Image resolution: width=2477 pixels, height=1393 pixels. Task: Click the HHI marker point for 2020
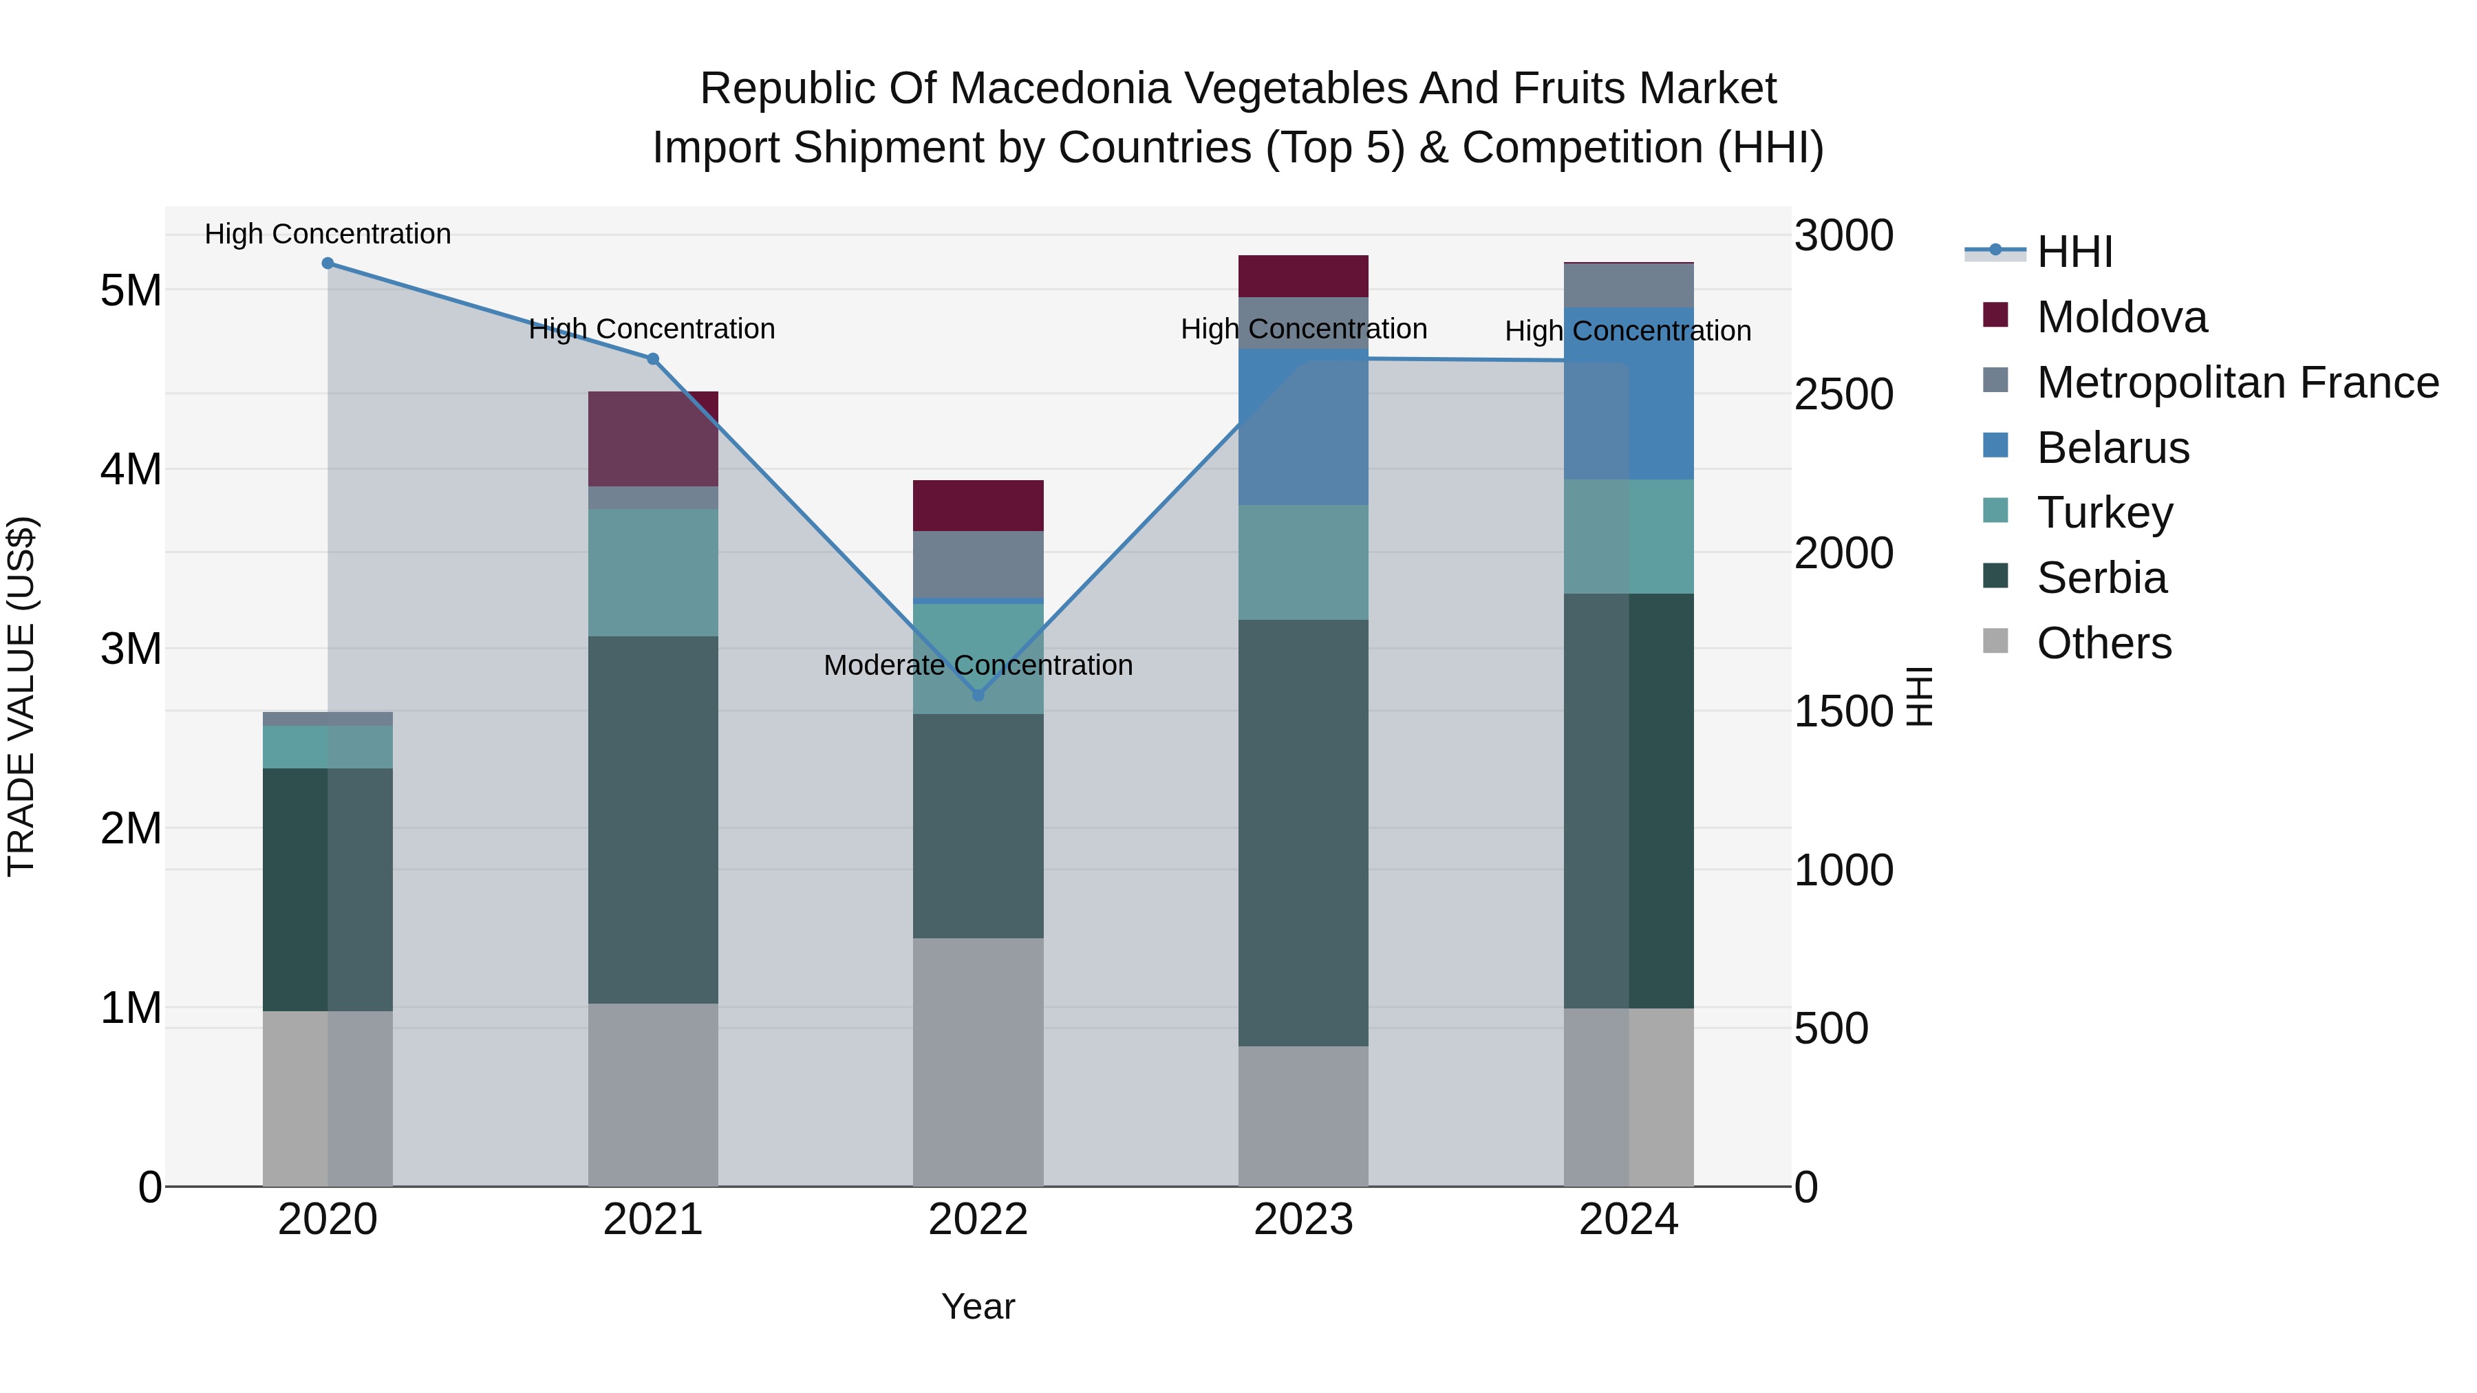(328, 263)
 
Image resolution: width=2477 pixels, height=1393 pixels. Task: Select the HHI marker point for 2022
(978, 695)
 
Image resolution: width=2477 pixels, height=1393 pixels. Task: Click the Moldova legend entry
(2121, 317)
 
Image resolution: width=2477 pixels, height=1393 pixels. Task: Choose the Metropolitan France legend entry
(2237, 382)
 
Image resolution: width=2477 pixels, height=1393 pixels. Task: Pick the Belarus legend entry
(2112, 448)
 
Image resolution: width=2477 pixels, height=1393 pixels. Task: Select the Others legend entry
(2104, 643)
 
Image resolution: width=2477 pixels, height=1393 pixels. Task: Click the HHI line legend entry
(2074, 252)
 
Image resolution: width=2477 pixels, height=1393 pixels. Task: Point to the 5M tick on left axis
(131, 290)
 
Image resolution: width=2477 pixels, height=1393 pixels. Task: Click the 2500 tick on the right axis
(1843, 394)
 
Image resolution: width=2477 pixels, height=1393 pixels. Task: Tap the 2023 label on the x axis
(1303, 1220)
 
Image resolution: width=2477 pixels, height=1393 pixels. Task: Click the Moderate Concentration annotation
(978, 665)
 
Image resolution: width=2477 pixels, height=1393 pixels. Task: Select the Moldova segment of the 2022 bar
(978, 506)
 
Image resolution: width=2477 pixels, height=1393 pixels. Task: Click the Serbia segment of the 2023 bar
(1303, 832)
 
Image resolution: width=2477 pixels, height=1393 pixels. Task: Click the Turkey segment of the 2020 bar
(328, 747)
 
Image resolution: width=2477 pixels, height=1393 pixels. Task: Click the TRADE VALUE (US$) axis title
(21, 696)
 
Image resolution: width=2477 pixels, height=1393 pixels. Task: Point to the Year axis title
(978, 1306)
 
